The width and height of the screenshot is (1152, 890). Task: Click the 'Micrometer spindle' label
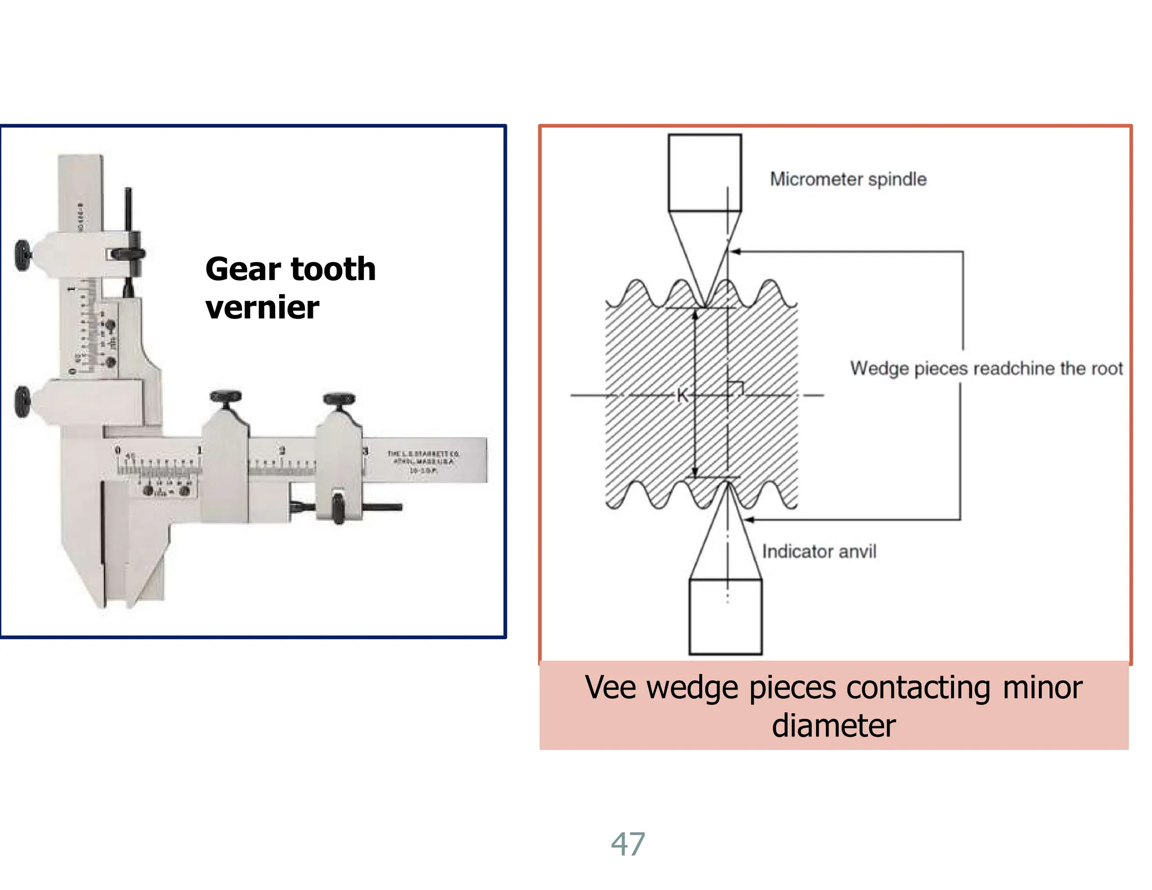click(848, 179)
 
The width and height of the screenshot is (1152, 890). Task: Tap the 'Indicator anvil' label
click(818, 551)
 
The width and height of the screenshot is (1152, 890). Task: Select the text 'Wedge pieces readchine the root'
click(986, 368)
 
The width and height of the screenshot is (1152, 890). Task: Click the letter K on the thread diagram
click(682, 395)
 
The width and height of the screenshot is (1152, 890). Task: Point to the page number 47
click(628, 844)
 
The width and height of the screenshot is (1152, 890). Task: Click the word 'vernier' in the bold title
click(262, 308)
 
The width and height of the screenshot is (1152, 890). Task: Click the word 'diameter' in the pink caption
click(834, 726)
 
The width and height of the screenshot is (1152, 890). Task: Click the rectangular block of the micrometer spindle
click(704, 173)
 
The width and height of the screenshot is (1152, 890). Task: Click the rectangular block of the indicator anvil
click(725, 617)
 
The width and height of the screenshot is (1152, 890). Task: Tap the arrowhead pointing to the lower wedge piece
click(748, 520)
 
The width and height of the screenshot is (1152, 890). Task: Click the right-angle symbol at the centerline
click(736, 388)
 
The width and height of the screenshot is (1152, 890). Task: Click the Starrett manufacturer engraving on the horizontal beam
click(422, 461)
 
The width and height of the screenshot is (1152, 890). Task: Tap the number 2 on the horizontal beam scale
click(282, 451)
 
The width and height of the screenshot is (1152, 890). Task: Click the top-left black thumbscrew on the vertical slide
click(23, 255)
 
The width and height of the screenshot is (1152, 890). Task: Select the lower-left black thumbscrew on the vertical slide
click(22, 401)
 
